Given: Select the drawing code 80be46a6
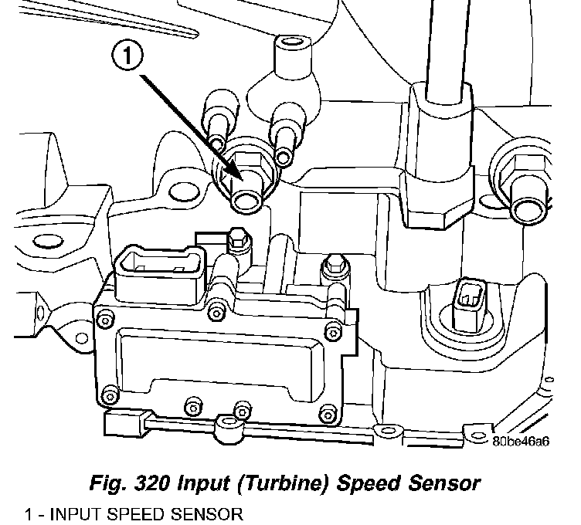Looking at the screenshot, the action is coord(520,442).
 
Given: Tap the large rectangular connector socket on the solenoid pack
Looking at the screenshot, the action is coord(158,269).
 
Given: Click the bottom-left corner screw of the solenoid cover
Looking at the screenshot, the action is coord(110,398).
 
